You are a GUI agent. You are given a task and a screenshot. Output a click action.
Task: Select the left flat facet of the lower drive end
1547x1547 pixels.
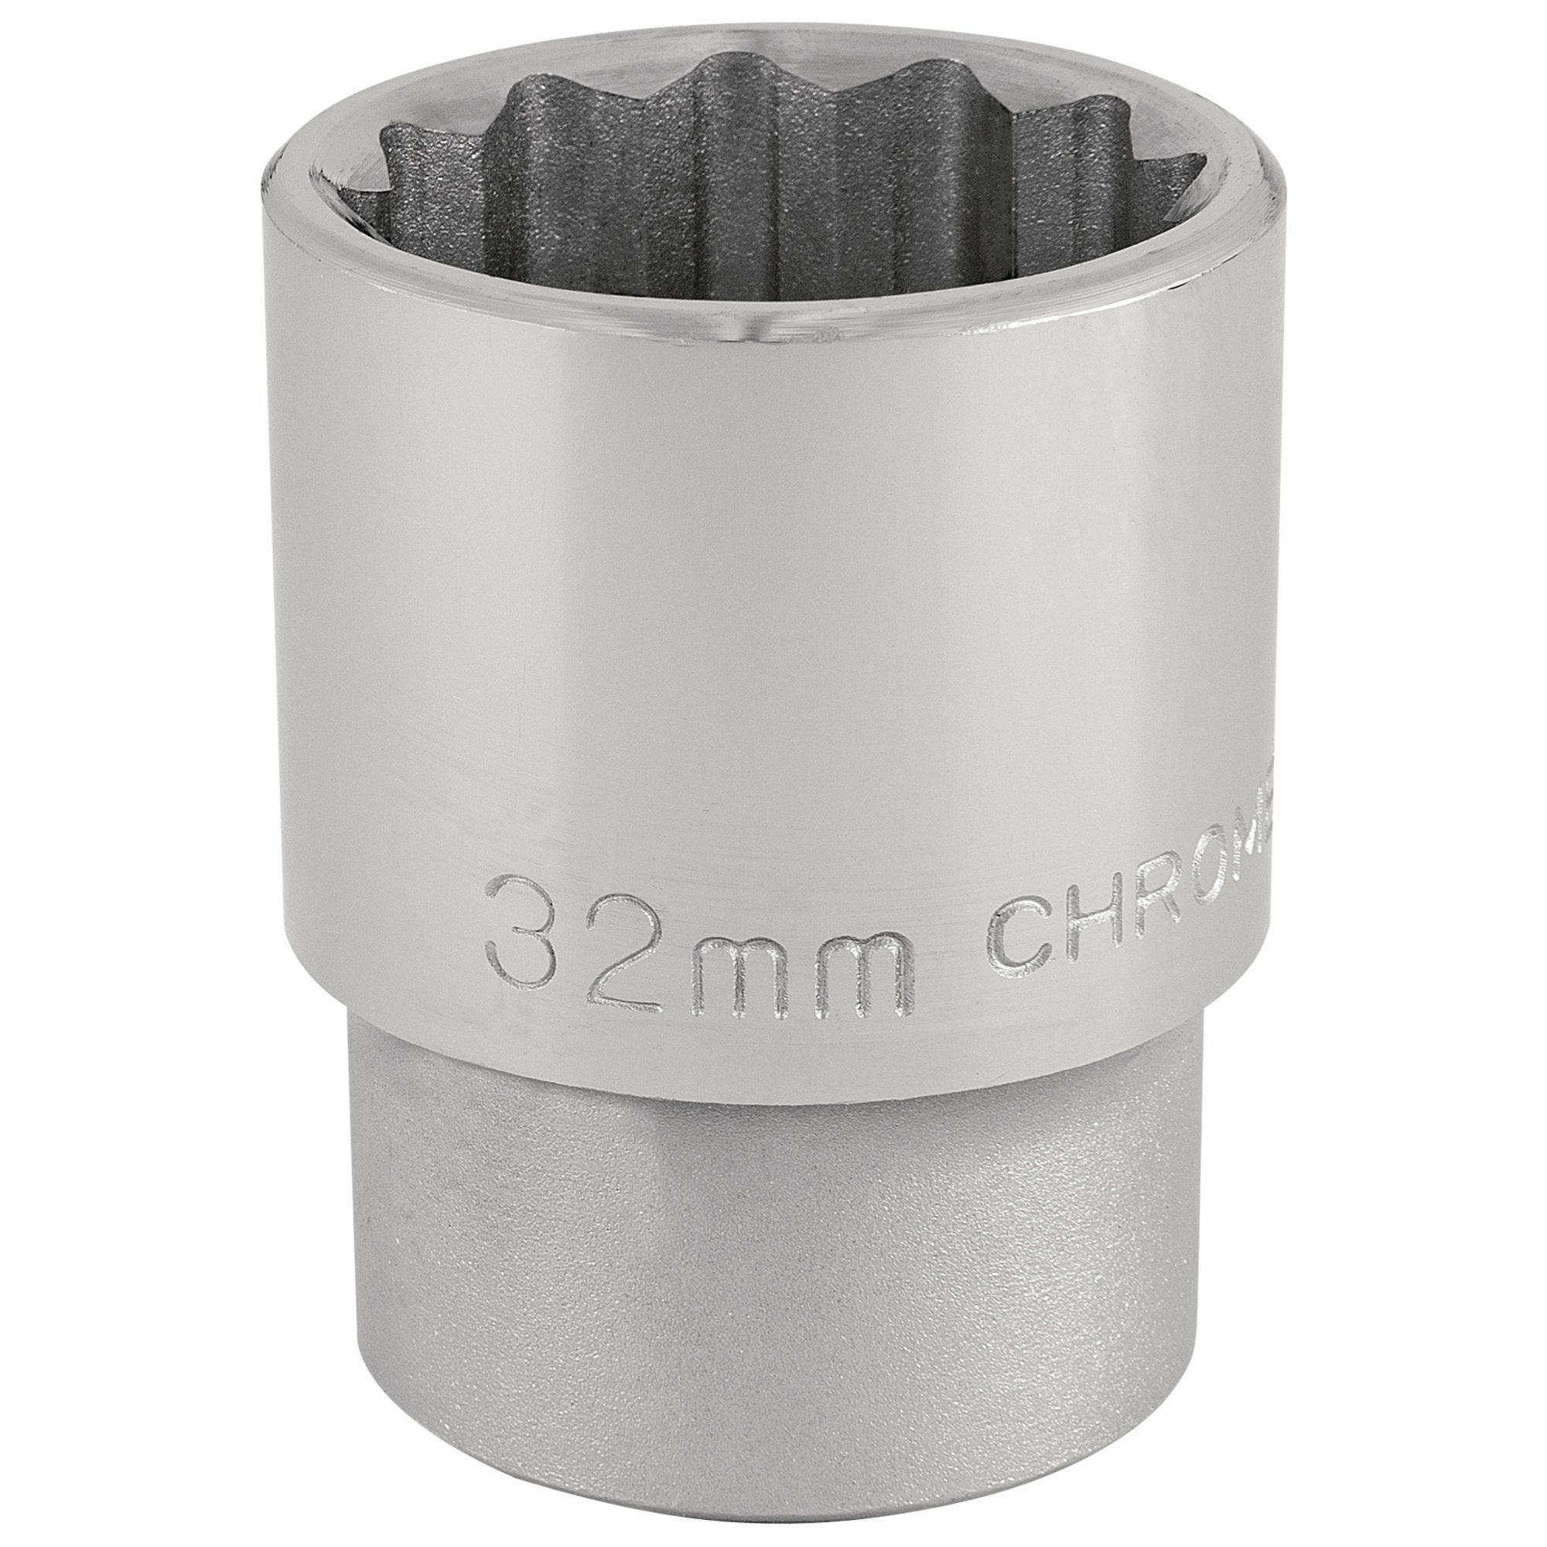click(x=497, y=1241)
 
